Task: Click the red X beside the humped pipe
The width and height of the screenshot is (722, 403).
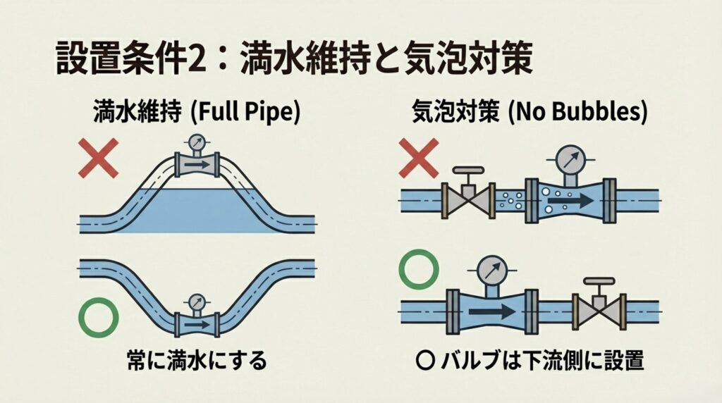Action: (99, 159)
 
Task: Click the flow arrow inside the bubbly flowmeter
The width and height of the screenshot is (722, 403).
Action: (569, 199)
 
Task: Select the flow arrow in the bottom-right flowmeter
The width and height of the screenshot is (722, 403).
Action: (489, 310)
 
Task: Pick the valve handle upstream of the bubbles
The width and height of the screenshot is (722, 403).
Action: (468, 171)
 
